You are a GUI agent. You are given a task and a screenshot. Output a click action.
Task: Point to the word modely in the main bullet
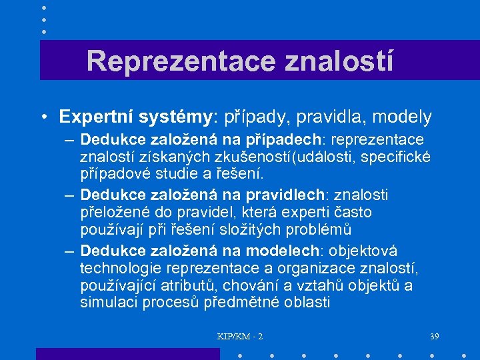[x=402, y=117]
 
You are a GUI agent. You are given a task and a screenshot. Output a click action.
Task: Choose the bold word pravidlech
[x=285, y=195]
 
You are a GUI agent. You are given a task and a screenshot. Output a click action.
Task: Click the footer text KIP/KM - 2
[x=240, y=337]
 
